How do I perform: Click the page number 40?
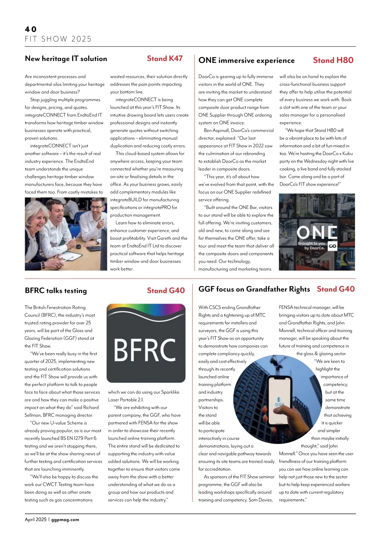click(x=31, y=29)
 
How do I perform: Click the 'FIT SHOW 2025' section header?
click(x=58, y=39)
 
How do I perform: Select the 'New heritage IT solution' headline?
click(x=66, y=59)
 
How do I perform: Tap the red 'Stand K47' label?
click(x=165, y=58)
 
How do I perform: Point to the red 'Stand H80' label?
click(x=333, y=60)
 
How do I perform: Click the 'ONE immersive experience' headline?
click(x=246, y=61)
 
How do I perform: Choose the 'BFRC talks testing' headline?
click(x=56, y=291)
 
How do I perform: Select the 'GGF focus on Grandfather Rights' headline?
click(x=254, y=289)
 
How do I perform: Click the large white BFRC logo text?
click(x=146, y=350)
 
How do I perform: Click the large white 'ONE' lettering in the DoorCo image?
click(x=316, y=232)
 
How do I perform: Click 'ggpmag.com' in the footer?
click(x=65, y=520)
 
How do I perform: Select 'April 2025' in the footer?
click(x=36, y=520)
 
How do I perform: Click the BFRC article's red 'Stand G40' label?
click(x=166, y=291)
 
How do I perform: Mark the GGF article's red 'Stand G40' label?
click(x=336, y=289)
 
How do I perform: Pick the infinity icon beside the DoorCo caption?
click(x=332, y=246)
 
